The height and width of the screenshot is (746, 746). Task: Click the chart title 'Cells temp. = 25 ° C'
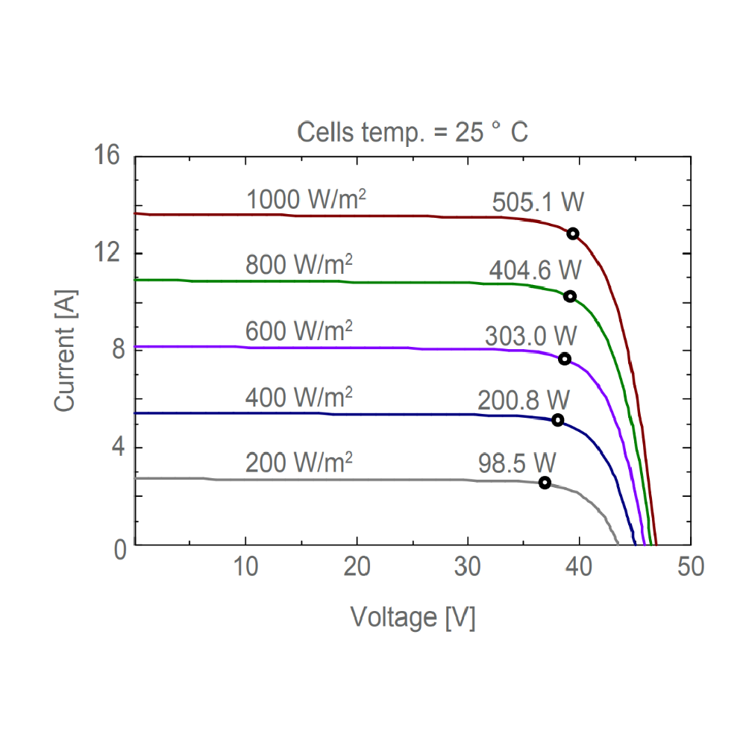[413, 133]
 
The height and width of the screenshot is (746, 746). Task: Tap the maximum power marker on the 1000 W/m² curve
[573, 233]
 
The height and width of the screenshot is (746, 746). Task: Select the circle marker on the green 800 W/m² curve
[570, 296]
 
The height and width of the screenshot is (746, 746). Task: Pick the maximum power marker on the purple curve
[565, 359]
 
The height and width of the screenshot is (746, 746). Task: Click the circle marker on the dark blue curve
[557, 420]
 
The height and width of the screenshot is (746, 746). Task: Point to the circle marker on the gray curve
[545, 483]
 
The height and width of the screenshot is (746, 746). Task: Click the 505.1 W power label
[537, 202]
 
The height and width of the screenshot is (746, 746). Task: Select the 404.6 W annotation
[534, 269]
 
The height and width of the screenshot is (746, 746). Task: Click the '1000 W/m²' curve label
[306, 200]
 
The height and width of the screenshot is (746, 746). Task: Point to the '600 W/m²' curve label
[298, 330]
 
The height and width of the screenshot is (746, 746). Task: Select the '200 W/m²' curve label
[298, 463]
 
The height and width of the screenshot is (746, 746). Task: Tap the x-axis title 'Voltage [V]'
[413, 617]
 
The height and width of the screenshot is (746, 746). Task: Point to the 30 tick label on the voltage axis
[468, 567]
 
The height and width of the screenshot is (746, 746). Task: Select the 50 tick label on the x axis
[690, 567]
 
